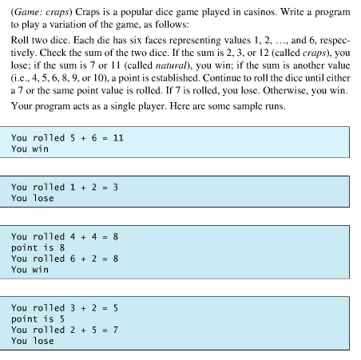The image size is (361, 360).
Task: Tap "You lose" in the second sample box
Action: point(33,198)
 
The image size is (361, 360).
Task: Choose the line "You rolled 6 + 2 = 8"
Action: point(65,259)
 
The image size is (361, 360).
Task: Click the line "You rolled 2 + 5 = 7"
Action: point(65,330)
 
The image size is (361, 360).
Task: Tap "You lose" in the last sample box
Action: point(33,342)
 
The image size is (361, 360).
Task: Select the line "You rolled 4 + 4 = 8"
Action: point(65,236)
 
